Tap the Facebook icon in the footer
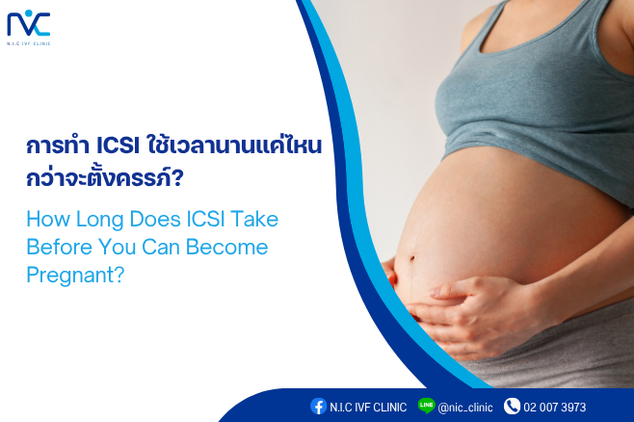(318, 407)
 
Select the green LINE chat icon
(426, 406)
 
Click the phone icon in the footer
(512, 407)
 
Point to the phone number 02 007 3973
(555, 407)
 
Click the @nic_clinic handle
(465, 408)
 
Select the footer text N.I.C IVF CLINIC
(368, 407)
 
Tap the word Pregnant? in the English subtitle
(75, 276)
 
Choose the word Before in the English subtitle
(59, 247)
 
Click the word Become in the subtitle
(226, 247)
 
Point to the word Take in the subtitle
(254, 219)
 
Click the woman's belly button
(412, 258)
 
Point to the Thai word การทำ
(58, 145)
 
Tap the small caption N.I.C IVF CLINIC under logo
(28, 43)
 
